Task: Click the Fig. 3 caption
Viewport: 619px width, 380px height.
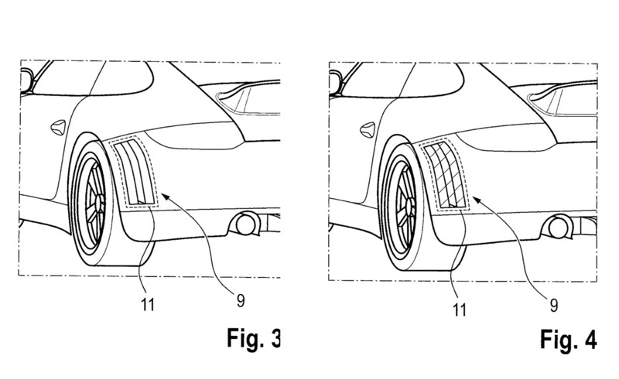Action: click(x=254, y=338)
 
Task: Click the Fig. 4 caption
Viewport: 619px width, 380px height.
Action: click(x=569, y=340)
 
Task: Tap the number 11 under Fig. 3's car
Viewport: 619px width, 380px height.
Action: click(x=148, y=305)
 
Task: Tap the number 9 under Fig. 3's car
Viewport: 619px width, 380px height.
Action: click(x=241, y=301)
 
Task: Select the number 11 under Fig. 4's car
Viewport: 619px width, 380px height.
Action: click(x=460, y=310)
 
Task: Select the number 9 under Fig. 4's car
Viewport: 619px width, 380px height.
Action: click(x=554, y=306)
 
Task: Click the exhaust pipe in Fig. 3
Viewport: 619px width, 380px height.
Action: click(x=246, y=224)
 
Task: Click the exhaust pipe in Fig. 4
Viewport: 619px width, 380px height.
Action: click(x=558, y=227)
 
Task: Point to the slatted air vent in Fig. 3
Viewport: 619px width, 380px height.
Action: click(x=134, y=173)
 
